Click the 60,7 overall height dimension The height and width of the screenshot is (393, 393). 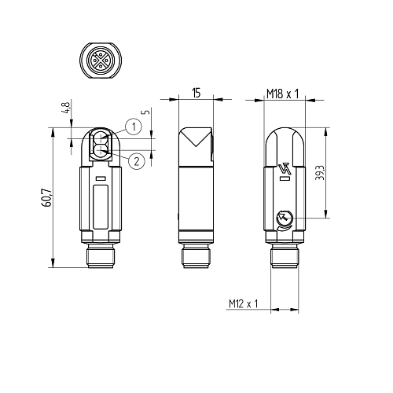(47, 197)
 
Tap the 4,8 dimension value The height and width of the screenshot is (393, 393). (66, 108)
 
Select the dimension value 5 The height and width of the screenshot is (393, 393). (147, 112)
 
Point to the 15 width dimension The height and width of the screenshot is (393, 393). (196, 93)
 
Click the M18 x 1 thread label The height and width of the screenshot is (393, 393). (283, 94)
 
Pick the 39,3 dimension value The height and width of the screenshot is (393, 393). (320, 173)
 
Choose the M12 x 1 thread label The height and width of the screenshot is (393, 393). (244, 303)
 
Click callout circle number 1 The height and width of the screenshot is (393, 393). (134, 127)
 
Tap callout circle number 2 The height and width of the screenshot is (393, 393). (137, 161)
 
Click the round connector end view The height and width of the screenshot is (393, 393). (101, 61)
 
